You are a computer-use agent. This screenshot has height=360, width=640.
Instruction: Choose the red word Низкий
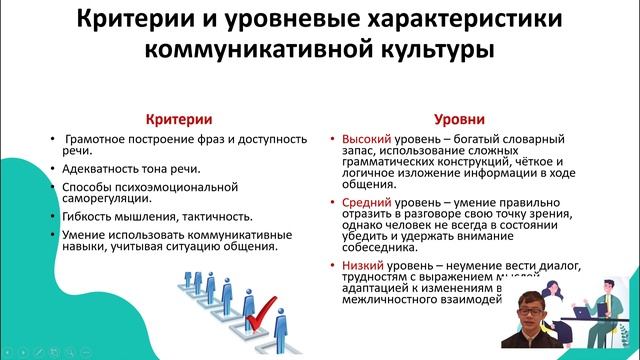pyautogui.click(x=361, y=266)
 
